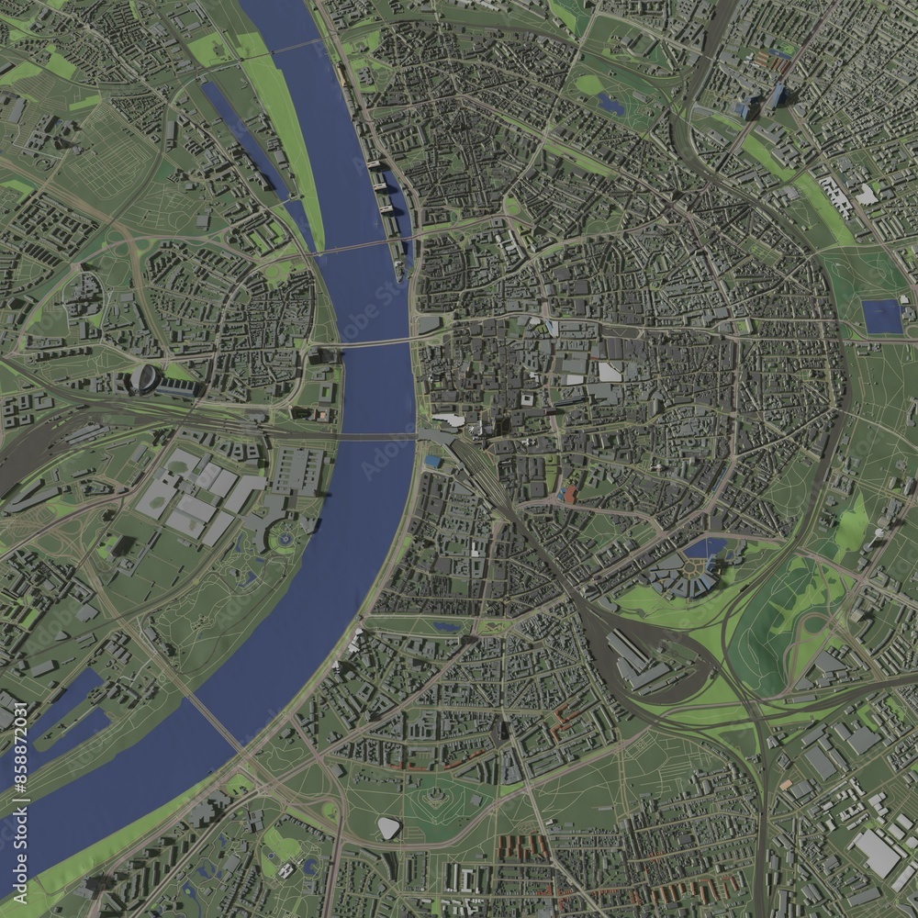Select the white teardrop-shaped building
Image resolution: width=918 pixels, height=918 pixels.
[389, 828]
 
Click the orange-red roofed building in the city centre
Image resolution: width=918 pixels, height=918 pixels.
[569, 495]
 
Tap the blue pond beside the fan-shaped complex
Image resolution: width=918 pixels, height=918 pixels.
[704, 549]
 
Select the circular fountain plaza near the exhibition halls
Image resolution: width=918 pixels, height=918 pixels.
[285, 536]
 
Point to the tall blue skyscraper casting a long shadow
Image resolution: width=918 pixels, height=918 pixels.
[779, 95]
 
